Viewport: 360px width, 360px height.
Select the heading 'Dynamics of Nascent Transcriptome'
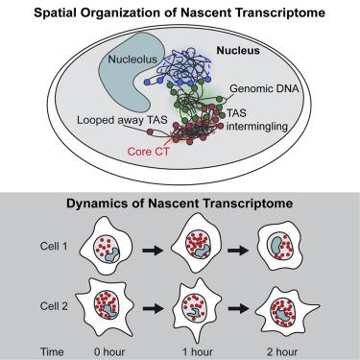tap(180, 204)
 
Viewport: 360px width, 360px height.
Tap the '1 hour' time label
tap(212, 346)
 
